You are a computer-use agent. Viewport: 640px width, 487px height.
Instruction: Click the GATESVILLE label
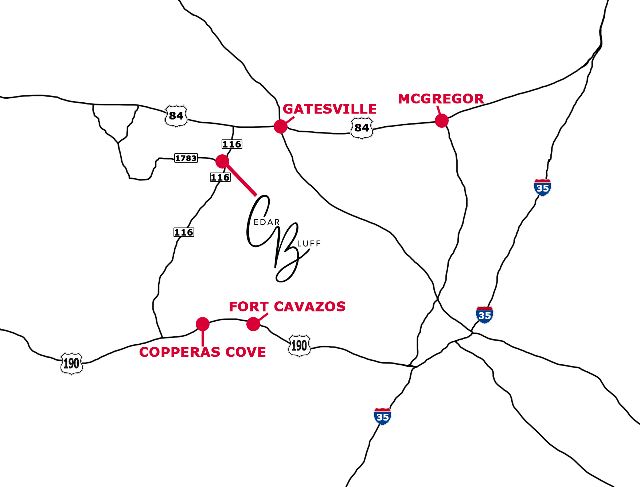point(329,109)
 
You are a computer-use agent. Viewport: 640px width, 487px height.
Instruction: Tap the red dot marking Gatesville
point(281,126)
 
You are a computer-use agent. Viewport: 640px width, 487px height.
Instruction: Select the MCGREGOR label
point(441,99)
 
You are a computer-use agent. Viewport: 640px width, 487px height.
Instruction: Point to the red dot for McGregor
point(441,120)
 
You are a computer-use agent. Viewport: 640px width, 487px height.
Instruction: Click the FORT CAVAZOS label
point(287,306)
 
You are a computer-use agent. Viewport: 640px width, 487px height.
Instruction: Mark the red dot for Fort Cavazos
point(253,324)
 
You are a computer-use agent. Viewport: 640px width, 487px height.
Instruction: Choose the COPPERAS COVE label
point(202,352)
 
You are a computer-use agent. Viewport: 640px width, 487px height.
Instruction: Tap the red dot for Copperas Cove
point(203,324)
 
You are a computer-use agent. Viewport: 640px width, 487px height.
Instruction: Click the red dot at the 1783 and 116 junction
point(222,161)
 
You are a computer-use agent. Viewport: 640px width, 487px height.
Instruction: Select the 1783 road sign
point(186,158)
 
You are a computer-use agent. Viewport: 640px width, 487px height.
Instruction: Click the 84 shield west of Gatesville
point(176,116)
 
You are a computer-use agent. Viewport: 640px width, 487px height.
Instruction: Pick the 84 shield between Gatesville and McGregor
point(362,128)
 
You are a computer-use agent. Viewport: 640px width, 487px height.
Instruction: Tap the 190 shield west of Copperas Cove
point(71,363)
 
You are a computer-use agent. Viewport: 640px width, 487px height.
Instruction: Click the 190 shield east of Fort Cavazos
point(299,345)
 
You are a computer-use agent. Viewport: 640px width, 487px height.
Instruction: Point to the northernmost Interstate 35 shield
point(542,188)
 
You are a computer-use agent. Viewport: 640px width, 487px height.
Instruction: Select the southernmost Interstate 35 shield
point(382,416)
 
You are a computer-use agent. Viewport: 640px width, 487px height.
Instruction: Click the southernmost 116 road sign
point(184,232)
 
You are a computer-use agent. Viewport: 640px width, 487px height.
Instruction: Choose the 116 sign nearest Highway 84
point(232,144)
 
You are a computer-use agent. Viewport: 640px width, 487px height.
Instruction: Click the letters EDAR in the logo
point(266,222)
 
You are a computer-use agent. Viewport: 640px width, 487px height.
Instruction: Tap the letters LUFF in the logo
point(309,243)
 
